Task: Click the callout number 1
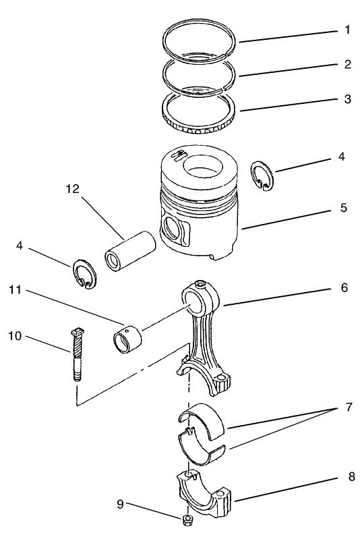347,30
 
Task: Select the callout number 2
347,65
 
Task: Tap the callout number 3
347,99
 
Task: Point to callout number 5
343,208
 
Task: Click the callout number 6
343,287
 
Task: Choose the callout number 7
347,409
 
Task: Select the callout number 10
15,335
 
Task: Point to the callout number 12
72,189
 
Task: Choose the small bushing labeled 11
128,338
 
